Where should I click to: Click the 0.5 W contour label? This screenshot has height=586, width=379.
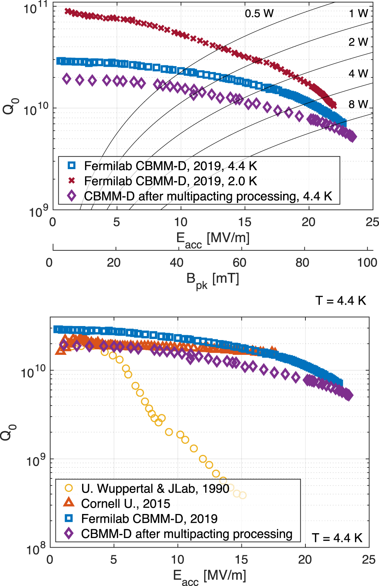coord(259,14)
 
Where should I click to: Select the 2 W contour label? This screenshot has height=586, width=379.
coord(358,42)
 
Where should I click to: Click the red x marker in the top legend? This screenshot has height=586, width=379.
coord(72,181)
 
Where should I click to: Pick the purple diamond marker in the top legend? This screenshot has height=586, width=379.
coord(72,196)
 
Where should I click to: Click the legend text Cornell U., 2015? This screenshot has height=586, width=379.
coord(126,504)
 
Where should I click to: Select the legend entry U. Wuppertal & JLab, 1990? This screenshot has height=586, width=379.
coord(155,489)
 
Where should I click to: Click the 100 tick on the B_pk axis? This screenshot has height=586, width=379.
coord(367,263)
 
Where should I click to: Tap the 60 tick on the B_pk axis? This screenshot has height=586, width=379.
coord(239,263)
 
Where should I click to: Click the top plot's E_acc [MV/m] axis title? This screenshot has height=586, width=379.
coord(213,239)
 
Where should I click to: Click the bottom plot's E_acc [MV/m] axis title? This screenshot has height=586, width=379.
coord(209,576)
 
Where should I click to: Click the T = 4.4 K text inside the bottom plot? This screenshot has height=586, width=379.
coord(337,538)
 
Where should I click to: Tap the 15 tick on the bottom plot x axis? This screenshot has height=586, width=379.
coord(241,560)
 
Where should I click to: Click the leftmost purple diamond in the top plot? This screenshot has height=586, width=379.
coord(67,78)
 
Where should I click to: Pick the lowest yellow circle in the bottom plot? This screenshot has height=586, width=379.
coord(243,495)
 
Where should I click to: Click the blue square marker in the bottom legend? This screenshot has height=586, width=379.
coord(69,518)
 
